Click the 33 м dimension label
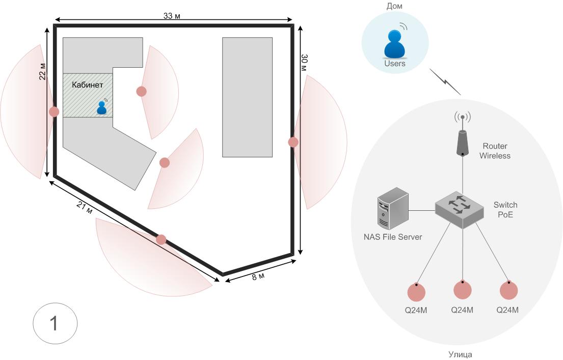click(172, 15)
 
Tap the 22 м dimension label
click(42, 74)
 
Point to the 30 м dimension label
click(304, 62)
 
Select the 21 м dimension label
click(85, 208)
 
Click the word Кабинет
click(88, 85)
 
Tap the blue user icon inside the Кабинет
click(102, 107)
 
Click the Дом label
click(395, 6)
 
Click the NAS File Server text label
click(393, 237)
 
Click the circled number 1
click(55, 324)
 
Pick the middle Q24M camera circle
click(463, 290)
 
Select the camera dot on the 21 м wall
click(161, 239)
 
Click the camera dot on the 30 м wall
click(293, 142)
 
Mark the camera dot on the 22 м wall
click(54, 112)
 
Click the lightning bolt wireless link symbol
click(445, 82)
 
